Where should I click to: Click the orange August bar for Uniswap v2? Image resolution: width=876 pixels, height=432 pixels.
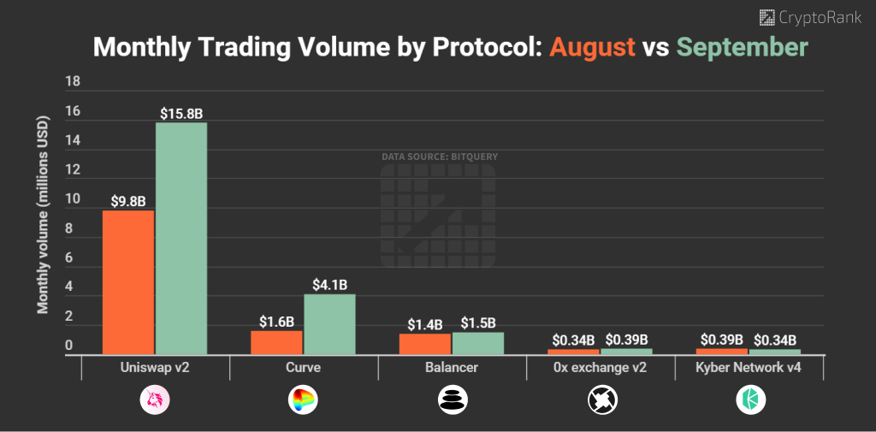pyautogui.click(x=128, y=281)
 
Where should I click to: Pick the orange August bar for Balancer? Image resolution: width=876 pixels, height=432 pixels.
pyautogui.click(x=425, y=343)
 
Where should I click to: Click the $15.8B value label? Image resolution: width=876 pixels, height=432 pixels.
pyautogui.click(x=181, y=113)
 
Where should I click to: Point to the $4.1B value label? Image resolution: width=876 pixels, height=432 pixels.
pyautogui.click(x=329, y=285)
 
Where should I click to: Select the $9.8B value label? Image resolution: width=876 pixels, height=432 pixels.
pyautogui.click(x=128, y=202)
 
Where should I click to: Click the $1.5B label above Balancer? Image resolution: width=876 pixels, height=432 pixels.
pyautogui.click(x=478, y=323)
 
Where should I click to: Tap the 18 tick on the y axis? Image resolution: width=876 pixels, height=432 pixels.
pyautogui.click(x=73, y=82)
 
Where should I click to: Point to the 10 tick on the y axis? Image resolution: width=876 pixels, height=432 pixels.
pyautogui.click(x=73, y=199)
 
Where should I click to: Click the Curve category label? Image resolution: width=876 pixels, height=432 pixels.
pyautogui.click(x=304, y=368)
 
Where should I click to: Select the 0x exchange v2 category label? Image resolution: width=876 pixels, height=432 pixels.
pyautogui.click(x=600, y=368)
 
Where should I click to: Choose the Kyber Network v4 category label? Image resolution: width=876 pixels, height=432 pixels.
pyautogui.click(x=749, y=368)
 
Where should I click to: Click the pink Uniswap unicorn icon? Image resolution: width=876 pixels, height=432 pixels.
pyautogui.click(x=155, y=399)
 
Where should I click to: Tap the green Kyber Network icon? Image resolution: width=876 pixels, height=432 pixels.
pyautogui.click(x=749, y=399)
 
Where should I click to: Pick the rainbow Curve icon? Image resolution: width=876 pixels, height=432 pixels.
pyautogui.click(x=304, y=399)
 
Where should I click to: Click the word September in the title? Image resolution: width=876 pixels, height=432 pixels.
pyautogui.click(x=741, y=46)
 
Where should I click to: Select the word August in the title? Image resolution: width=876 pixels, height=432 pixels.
pyautogui.click(x=592, y=46)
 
